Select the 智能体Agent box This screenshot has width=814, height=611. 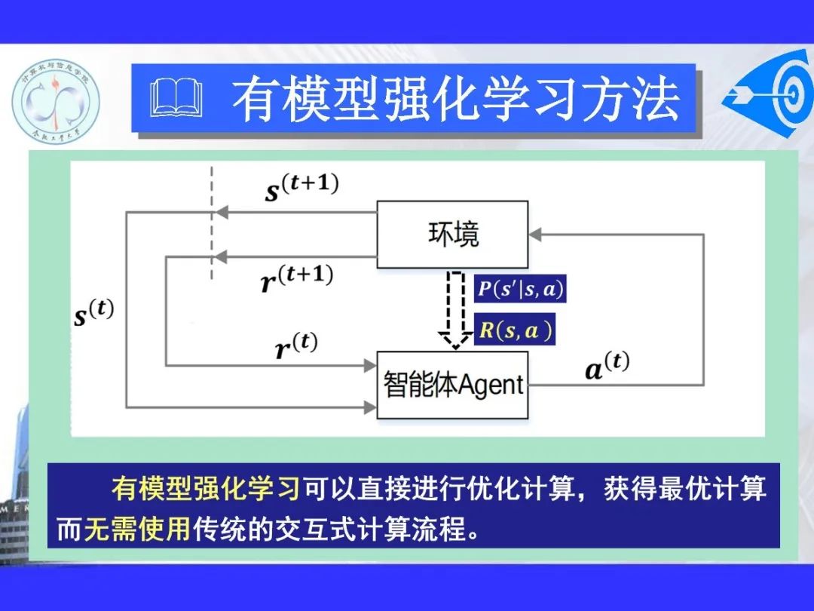pos(452,385)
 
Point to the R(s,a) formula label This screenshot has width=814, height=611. pos(516,331)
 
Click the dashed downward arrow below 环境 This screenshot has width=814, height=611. pos(454,309)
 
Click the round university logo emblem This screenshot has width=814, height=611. pos(55,100)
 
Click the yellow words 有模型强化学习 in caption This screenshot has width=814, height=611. pos(206,488)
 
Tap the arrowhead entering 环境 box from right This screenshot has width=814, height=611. pos(535,234)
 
